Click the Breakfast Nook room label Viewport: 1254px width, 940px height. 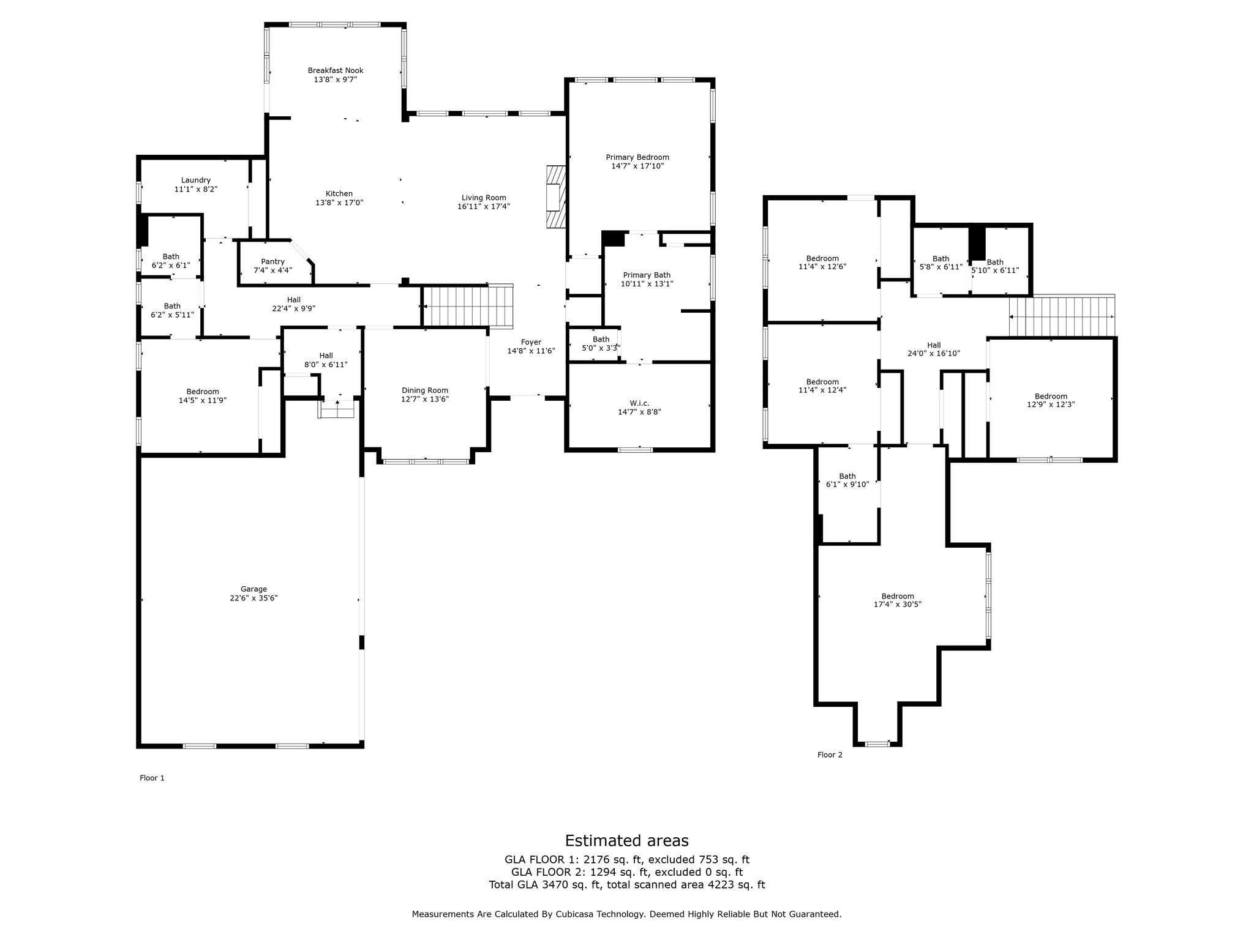click(335, 70)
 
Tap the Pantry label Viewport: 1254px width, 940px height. click(272, 261)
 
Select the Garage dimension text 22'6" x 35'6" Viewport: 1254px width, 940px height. click(253, 598)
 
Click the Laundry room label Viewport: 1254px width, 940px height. click(195, 180)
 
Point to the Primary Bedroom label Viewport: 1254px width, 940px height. click(637, 157)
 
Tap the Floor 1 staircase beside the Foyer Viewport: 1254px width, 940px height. click(468, 305)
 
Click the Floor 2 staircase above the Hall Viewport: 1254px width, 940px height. click(1062, 316)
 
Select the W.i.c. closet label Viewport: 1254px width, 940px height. click(639, 403)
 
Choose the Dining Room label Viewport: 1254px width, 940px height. click(425, 390)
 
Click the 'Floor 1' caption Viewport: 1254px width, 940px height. click(152, 778)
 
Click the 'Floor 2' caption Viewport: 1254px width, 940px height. click(830, 755)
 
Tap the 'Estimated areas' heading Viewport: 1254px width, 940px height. click(626, 840)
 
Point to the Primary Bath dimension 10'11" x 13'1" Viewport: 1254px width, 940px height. click(646, 284)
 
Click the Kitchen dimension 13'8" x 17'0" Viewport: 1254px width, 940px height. click(339, 203)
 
